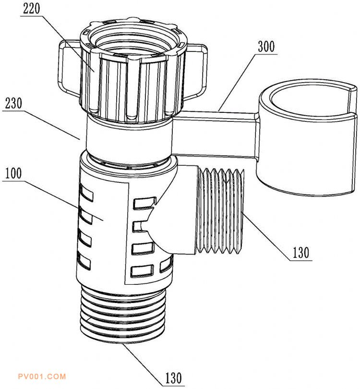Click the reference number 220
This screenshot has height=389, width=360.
31,9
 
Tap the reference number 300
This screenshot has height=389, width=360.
266,47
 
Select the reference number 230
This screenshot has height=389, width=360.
13,103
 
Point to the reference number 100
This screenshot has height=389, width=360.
13,173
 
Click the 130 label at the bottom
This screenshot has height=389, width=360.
174,378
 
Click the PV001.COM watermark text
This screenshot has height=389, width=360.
42,377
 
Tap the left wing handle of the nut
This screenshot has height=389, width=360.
70,68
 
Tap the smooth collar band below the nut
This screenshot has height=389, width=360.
129,136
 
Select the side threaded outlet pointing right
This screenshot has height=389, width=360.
219,211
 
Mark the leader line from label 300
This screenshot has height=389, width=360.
237,82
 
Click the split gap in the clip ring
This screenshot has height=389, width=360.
352,102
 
